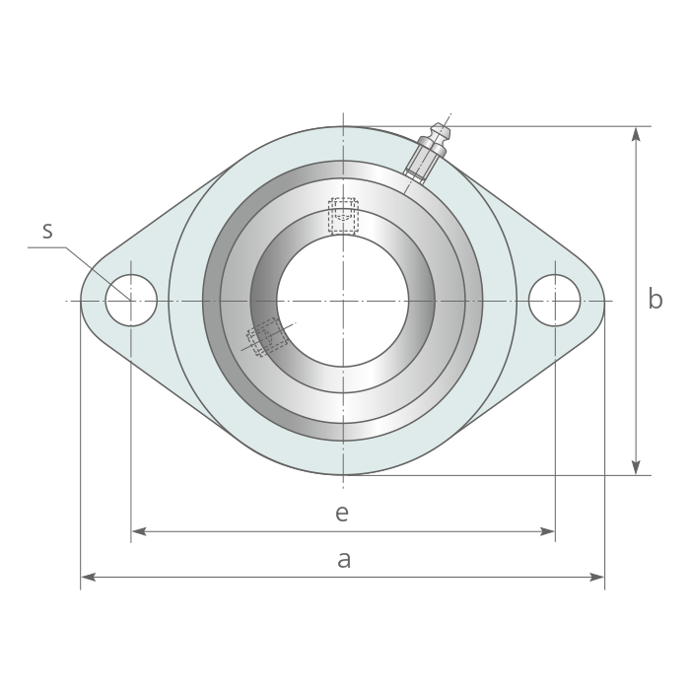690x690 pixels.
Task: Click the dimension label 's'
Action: pyautogui.click(x=47, y=231)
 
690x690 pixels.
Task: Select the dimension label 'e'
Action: pyautogui.click(x=342, y=514)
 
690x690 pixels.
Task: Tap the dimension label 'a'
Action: pyautogui.click(x=344, y=560)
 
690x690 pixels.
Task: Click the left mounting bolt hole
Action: pyautogui.click(x=131, y=301)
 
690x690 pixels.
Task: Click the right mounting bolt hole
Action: pyautogui.click(x=554, y=301)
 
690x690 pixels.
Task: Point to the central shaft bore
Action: pyautogui.click(x=343, y=301)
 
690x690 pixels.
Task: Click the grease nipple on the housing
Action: pyautogui.click(x=428, y=153)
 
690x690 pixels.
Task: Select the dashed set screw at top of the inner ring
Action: pyautogui.click(x=343, y=216)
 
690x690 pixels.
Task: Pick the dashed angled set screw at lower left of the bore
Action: pyautogui.click(x=267, y=337)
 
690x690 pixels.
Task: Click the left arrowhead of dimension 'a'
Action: pyautogui.click(x=88, y=577)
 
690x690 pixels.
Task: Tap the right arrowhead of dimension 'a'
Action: pyautogui.click(x=597, y=577)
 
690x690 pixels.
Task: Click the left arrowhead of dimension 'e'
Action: pyautogui.click(x=139, y=531)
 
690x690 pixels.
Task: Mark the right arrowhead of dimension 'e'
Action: pyautogui.click(x=547, y=531)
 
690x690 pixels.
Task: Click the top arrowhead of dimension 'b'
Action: pyautogui.click(x=636, y=134)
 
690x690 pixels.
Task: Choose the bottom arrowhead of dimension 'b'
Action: pyautogui.click(x=636, y=467)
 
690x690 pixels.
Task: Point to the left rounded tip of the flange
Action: pyautogui.click(x=82, y=301)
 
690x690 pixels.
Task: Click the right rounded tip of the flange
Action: pyautogui.click(x=603, y=301)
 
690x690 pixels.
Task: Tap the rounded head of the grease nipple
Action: pyautogui.click(x=440, y=131)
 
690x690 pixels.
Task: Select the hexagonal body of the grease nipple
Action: pyautogui.click(x=423, y=160)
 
